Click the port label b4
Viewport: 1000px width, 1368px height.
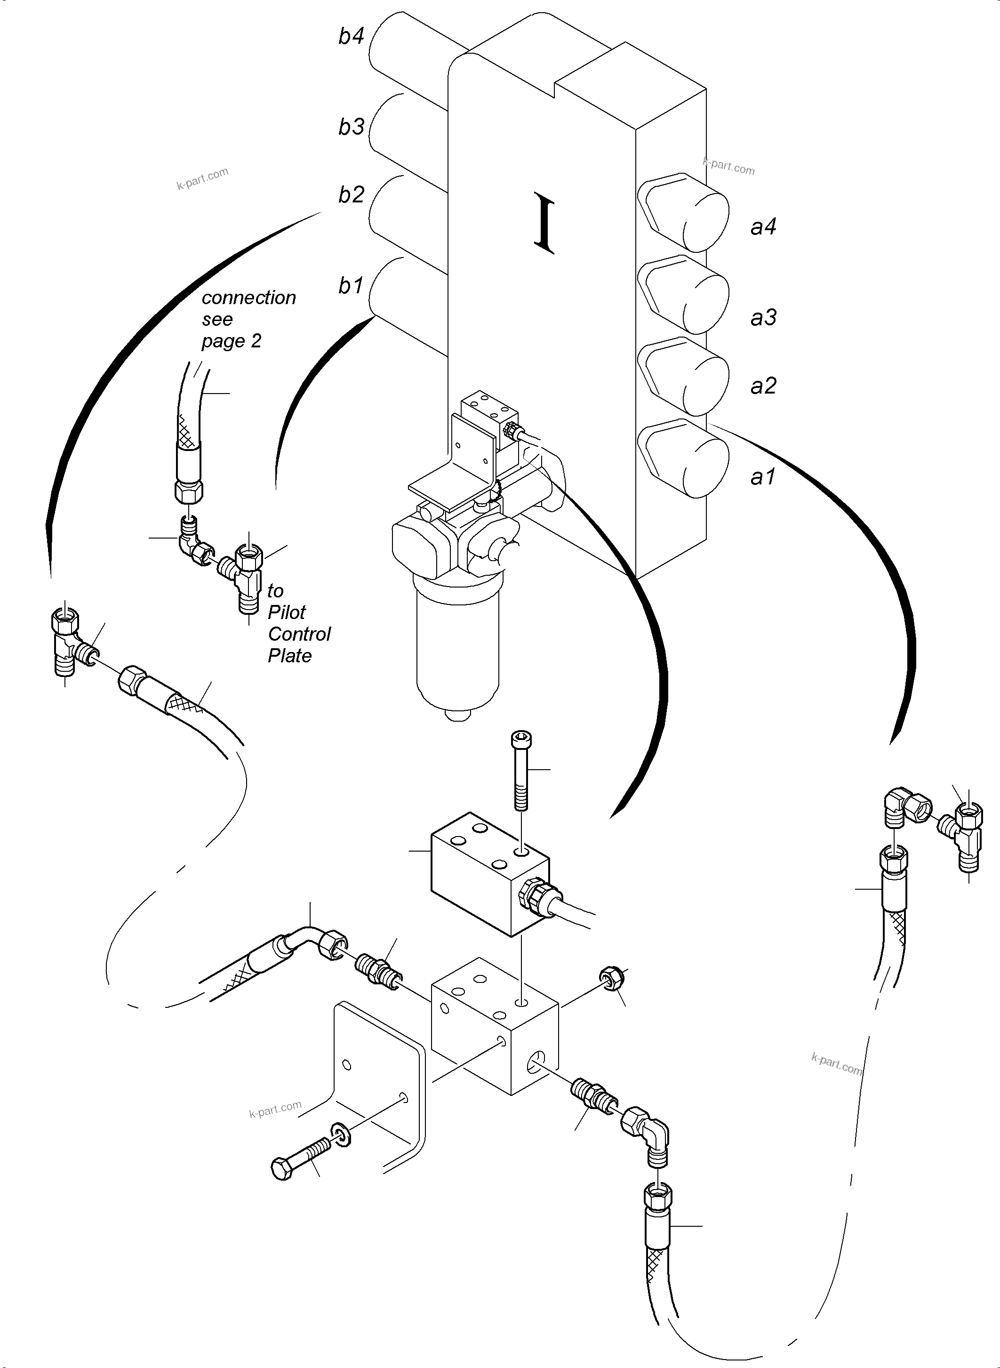351,36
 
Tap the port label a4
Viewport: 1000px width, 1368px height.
763,226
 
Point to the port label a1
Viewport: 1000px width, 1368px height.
763,477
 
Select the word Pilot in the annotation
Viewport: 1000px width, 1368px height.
287,612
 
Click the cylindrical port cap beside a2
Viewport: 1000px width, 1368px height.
684,376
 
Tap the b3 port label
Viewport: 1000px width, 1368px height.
351,127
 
